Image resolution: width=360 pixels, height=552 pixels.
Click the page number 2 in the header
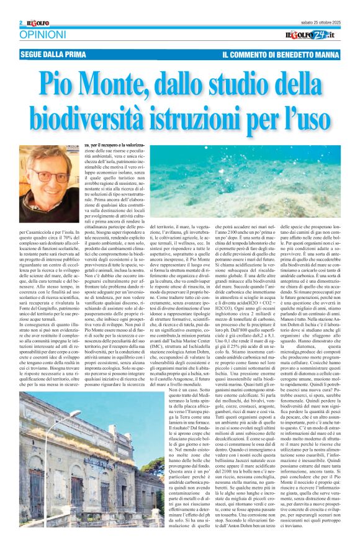(x=21, y=23)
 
